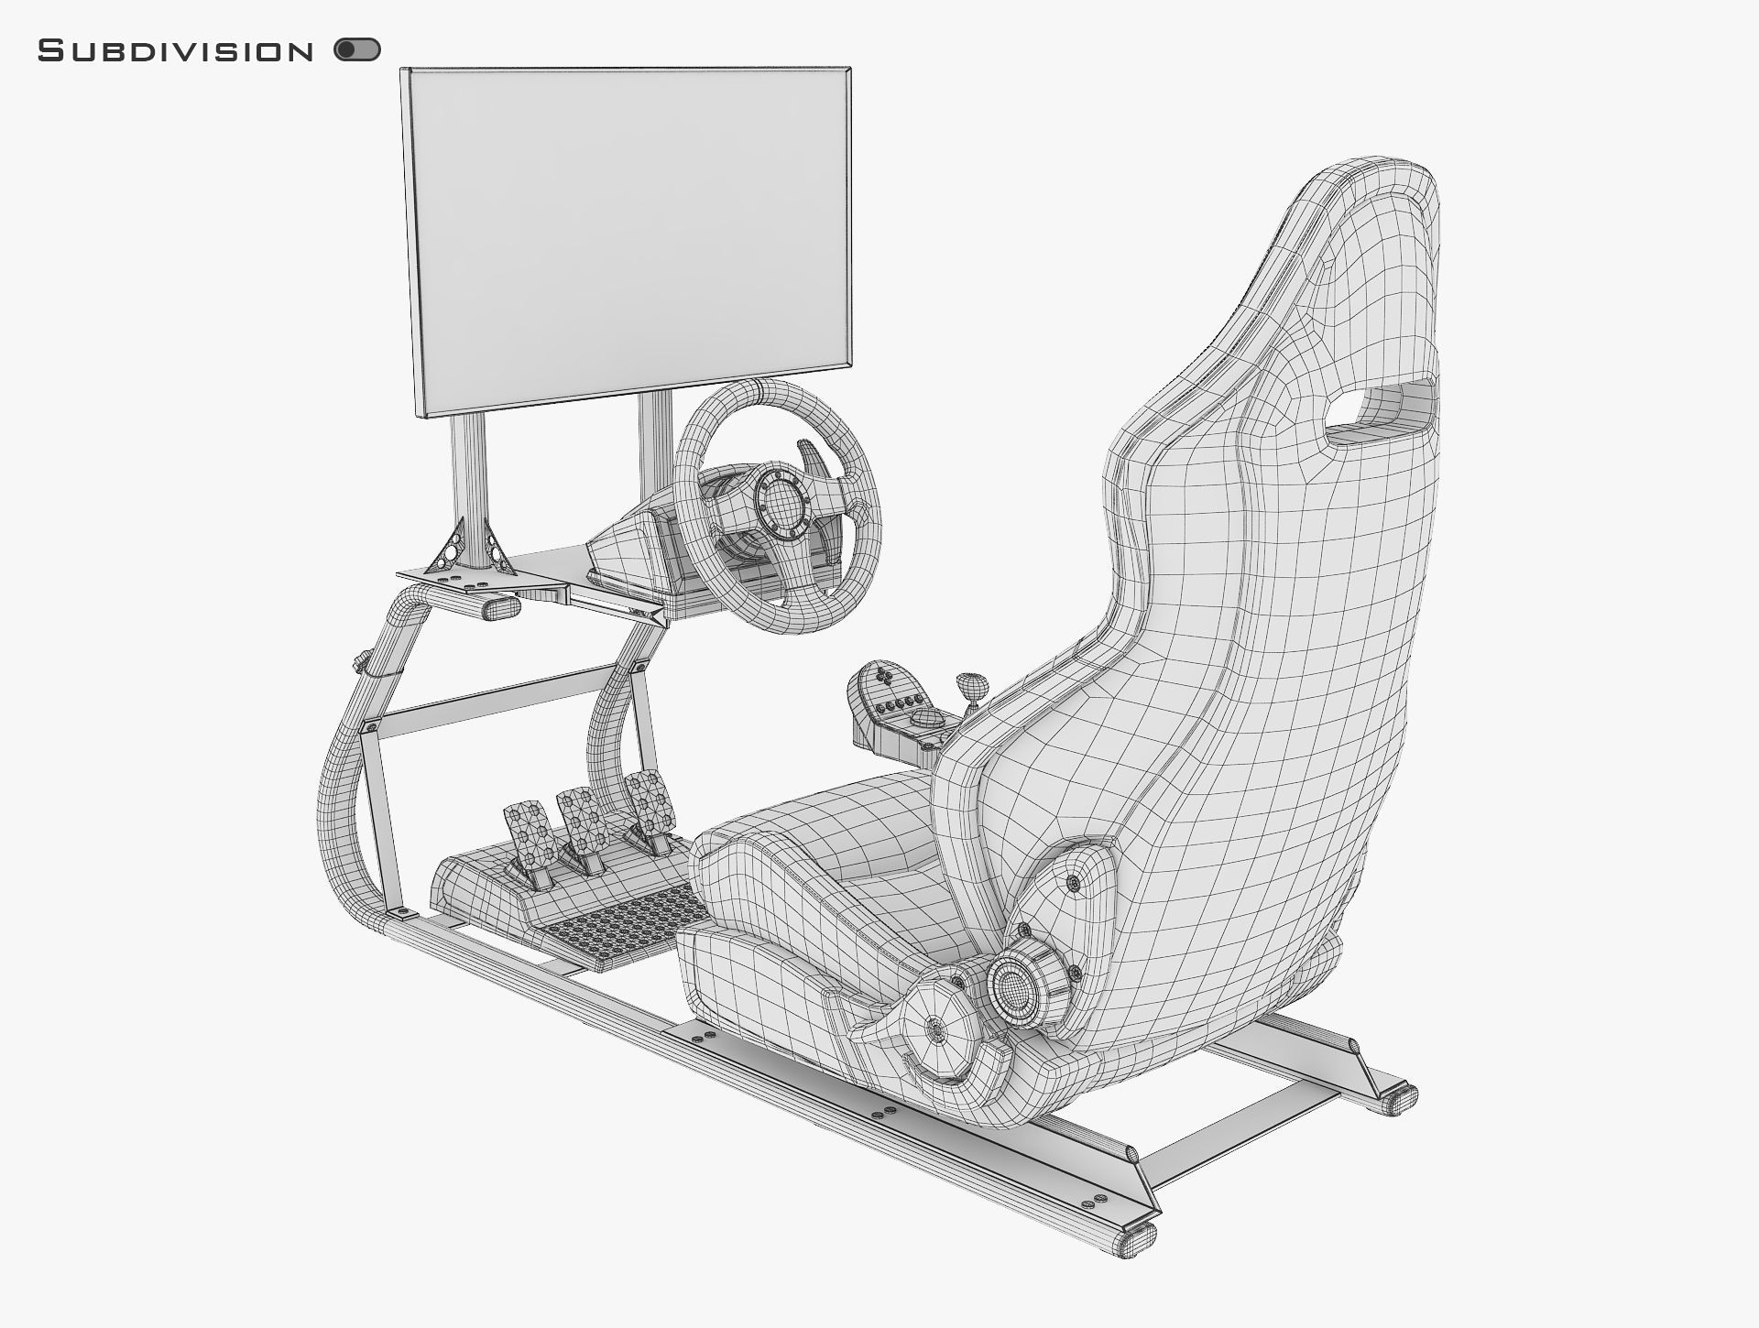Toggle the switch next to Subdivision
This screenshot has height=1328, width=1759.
[x=357, y=49]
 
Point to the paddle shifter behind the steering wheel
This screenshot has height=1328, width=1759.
[x=810, y=457]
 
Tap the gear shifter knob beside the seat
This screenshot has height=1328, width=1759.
[x=973, y=683]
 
